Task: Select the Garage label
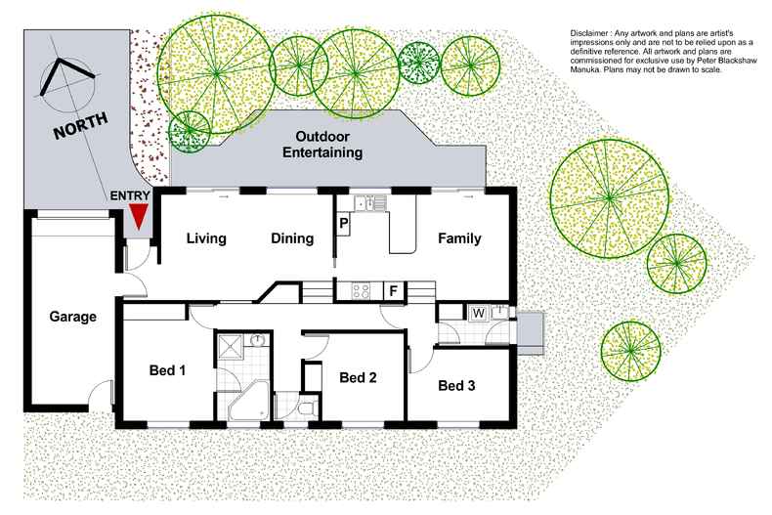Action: pos(73,318)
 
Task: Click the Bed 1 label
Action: pos(167,370)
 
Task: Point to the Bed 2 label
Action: pos(357,377)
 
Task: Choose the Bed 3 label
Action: pos(456,385)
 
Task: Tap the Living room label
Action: pos(206,238)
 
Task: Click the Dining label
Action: pos(291,238)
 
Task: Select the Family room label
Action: pos(458,238)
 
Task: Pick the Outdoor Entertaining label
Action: pos(322,145)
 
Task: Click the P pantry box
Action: pos(343,224)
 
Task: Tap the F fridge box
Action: pos(392,289)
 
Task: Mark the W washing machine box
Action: pos(479,313)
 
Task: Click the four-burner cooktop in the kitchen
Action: pos(358,289)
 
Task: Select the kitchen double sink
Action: pos(370,203)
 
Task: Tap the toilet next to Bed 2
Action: pos(308,408)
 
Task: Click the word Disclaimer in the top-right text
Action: pos(590,35)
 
